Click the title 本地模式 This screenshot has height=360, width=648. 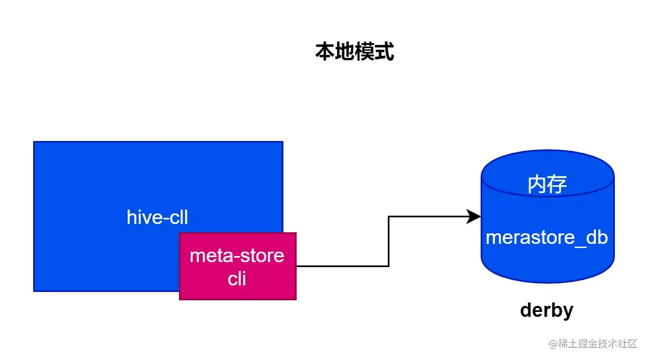tap(354, 52)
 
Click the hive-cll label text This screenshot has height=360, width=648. tap(157, 217)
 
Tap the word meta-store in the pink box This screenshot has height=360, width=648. tap(237, 255)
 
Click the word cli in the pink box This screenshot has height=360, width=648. tap(237, 278)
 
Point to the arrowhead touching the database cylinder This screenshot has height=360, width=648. tap(474, 217)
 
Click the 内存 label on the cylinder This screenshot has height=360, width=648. tap(547, 184)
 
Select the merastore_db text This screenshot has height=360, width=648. tap(547, 237)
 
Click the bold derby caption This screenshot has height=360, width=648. tap(546, 310)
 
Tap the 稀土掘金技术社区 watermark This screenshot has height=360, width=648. tap(597, 343)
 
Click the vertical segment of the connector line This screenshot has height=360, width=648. tap(389, 241)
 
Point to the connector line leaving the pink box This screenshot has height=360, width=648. tap(343, 266)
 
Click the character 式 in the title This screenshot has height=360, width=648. tap(384, 52)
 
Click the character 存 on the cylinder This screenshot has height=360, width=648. tap(557, 184)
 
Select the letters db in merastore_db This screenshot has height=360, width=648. tap(597, 237)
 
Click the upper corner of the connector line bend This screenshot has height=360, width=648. tap(389, 217)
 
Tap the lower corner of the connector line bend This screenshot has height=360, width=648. tap(389, 266)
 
